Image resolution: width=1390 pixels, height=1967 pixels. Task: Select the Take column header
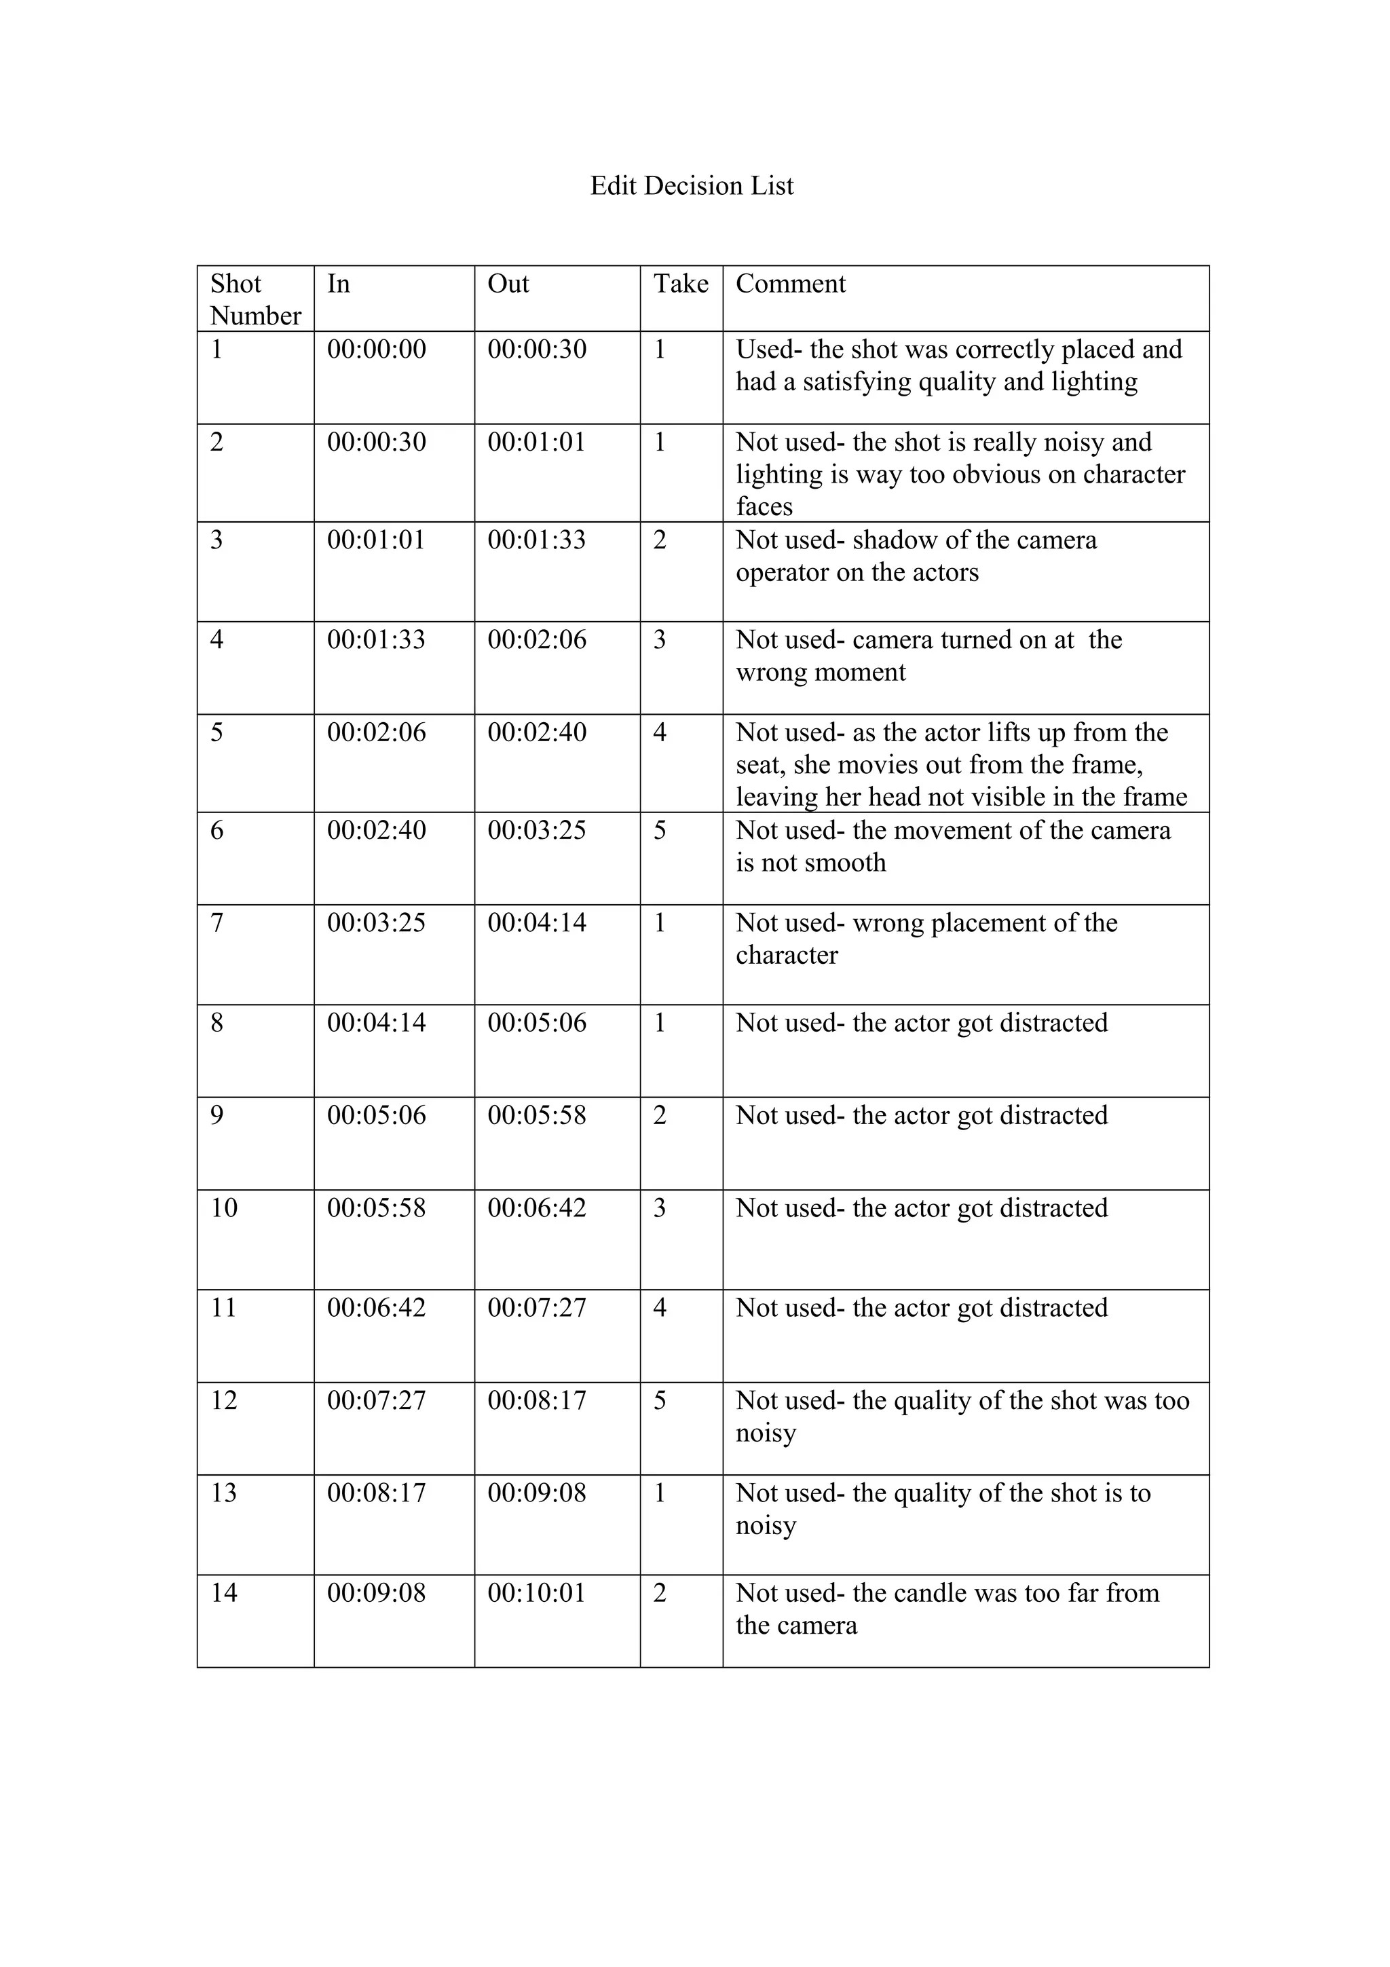[681, 284]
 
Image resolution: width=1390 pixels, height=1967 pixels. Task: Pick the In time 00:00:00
[376, 350]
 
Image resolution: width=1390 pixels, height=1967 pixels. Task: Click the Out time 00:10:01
[536, 1592]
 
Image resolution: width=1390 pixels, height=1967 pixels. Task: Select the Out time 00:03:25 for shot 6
[536, 830]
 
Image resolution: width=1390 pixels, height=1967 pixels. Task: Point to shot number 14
[223, 1592]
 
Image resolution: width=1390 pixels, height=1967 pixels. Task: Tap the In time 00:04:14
[376, 1022]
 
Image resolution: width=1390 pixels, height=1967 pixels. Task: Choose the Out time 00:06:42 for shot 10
[536, 1208]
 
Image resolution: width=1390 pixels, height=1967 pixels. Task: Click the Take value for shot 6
[660, 830]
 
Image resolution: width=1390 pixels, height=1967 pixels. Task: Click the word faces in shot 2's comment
[764, 506]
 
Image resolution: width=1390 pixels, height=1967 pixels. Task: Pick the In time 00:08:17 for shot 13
[376, 1493]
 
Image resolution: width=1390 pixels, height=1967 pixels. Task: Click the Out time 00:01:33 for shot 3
[536, 540]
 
